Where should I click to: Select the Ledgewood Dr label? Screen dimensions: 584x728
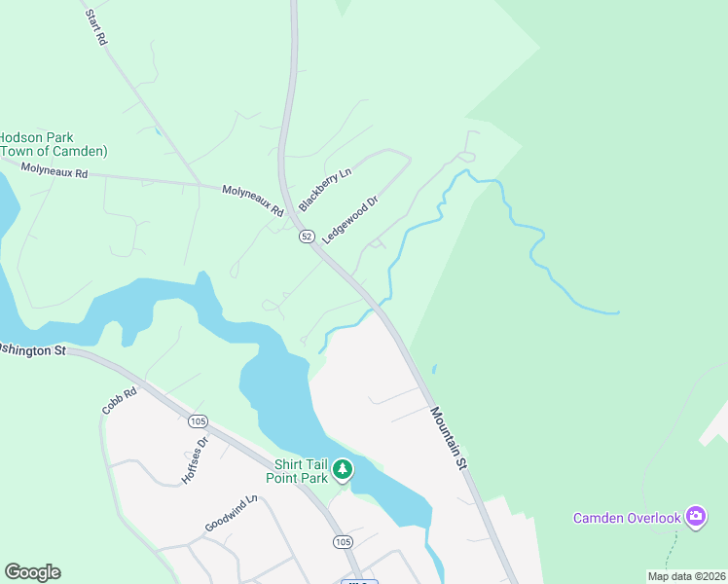coord(350,219)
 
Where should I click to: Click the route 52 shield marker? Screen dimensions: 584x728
coord(307,237)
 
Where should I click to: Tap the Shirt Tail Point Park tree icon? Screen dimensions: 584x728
coord(342,470)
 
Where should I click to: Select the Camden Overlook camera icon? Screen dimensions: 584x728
coord(695,516)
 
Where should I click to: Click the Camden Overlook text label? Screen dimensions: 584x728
coord(627,518)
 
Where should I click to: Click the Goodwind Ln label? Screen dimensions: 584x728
coord(231,514)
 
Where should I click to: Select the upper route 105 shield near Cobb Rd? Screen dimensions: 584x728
coord(199,421)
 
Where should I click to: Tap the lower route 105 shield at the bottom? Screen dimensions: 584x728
coord(343,541)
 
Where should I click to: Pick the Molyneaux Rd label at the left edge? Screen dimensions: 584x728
coord(55,171)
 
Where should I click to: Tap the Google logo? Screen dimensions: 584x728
coord(32,572)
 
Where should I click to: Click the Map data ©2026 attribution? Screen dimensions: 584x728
coord(686,576)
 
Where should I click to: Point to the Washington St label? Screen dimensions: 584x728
coord(31,349)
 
